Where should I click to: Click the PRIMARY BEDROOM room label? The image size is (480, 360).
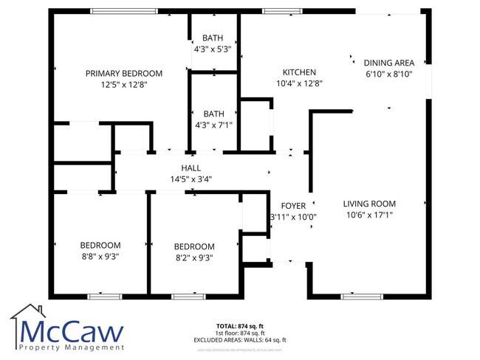coord(124,73)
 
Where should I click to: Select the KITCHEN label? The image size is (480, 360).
coord(299,72)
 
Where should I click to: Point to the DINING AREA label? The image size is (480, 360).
coord(388,63)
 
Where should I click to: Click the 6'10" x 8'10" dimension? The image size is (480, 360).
coord(388,75)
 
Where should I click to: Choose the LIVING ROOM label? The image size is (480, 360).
coord(369,204)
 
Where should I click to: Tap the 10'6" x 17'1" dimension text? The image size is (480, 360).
coord(369,215)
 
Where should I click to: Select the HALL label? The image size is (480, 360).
coord(191,168)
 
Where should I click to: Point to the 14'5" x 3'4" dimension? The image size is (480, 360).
coord(191,179)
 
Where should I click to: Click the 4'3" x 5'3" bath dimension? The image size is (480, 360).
coord(213,49)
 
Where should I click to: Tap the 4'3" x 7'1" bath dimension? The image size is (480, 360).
coord(213,125)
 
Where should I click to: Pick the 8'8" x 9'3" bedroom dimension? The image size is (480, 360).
coord(100,256)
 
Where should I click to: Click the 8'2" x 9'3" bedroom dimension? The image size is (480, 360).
coord(194,257)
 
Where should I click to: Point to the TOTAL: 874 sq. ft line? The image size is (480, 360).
coord(239,325)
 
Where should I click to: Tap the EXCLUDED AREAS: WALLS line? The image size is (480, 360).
coord(240,339)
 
